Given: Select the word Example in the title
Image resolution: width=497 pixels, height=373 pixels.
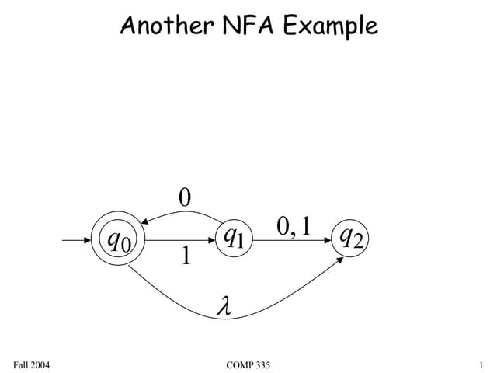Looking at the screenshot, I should click(x=329, y=26).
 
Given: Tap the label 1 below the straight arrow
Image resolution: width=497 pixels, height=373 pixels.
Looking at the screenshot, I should click(x=185, y=255).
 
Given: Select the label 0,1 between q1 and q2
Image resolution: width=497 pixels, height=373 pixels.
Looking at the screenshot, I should click(x=293, y=226).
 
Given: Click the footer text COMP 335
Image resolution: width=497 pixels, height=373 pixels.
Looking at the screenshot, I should click(x=248, y=364).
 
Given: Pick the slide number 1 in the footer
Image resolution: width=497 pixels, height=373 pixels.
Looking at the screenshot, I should click(x=481, y=364).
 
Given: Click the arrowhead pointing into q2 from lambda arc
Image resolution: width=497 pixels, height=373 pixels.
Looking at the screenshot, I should click(x=342, y=260).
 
